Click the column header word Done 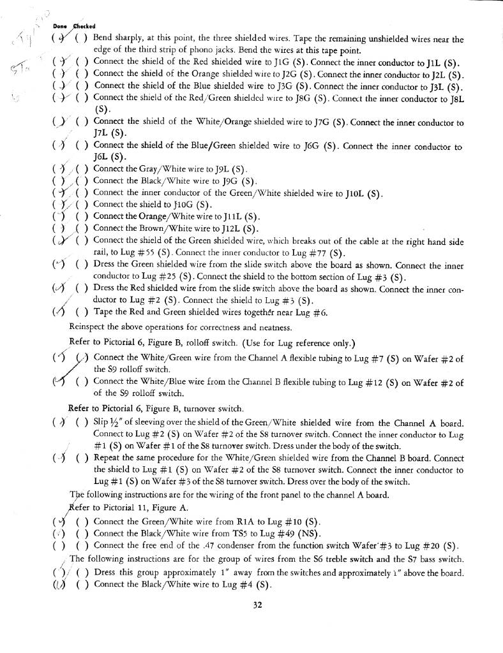(59, 26)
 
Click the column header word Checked (82, 26)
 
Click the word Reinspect (89, 327)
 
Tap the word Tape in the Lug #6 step (103, 312)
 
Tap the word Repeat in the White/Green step (109, 458)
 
